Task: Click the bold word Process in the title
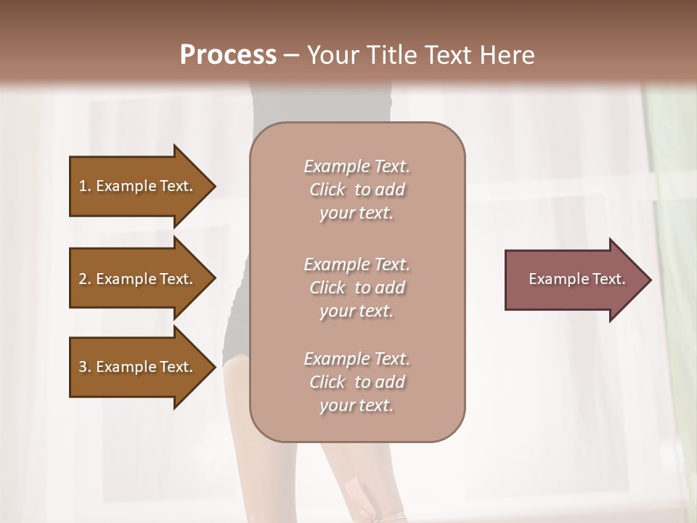pos(228,55)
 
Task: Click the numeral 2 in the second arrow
pos(83,279)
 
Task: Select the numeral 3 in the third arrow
pos(83,367)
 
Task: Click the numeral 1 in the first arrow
pos(83,186)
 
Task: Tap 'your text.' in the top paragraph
pos(356,214)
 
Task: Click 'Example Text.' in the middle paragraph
pos(356,264)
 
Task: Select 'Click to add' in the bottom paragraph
pos(356,382)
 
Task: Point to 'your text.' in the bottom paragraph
pos(356,406)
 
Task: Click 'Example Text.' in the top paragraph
pos(356,166)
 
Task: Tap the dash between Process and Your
pos(292,56)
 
